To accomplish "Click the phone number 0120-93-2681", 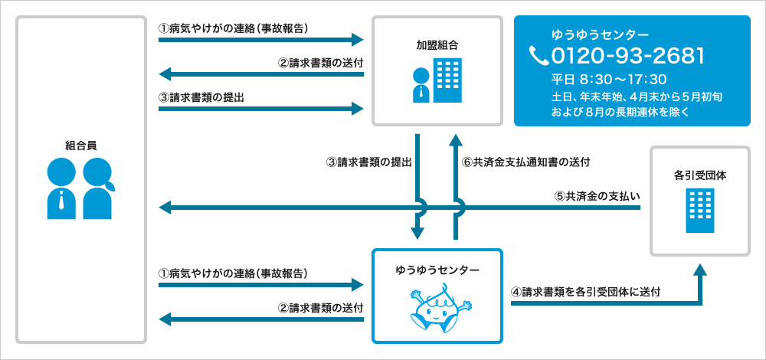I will point(627,56).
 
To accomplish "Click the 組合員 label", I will point(80,144).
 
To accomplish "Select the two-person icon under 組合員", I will point(80,188).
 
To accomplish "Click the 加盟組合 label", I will point(437,45).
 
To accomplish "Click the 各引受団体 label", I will point(700,175).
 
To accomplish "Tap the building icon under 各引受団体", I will point(700,211).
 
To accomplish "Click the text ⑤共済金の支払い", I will point(597,195).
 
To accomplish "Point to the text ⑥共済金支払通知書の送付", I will point(525,162).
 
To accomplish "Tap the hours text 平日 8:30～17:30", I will point(609,79).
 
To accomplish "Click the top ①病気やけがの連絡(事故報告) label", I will point(233,29).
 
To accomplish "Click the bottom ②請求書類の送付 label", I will point(320,308).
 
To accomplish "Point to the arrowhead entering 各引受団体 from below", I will point(700,270).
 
